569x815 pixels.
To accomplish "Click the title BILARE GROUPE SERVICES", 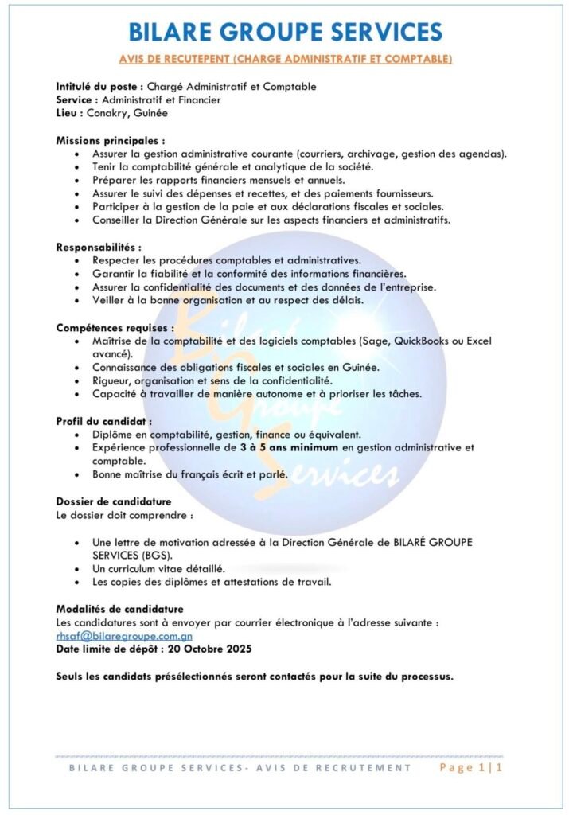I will (284, 32).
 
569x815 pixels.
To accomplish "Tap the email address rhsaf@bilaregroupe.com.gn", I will (123, 637).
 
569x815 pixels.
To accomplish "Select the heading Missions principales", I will (109, 140).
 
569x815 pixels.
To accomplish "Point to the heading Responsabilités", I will (98, 248).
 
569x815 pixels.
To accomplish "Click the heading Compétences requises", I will (114, 327).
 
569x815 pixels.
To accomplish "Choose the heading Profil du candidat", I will (103, 421).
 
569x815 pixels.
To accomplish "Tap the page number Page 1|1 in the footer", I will (473, 768).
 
